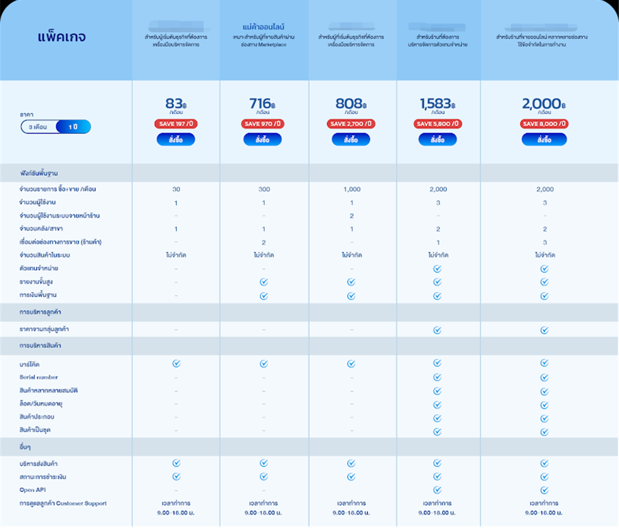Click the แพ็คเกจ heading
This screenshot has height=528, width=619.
coord(61,37)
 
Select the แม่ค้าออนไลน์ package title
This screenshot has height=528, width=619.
coord(264,27)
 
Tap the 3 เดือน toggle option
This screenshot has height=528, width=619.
coord(38,127)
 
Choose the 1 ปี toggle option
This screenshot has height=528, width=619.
coord(75,127)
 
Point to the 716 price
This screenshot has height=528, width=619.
coord(262,104)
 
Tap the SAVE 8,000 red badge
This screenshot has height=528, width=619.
coord(544,124)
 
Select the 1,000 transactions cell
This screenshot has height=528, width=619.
coord(352,189)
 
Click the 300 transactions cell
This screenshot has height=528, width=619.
coord(264,189)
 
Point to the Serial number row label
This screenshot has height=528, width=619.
coord(39,378)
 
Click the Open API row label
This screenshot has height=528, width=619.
coord(33,490)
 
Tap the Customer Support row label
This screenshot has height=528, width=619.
coord(63,503)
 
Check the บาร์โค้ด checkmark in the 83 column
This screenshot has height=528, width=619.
coord(176,364)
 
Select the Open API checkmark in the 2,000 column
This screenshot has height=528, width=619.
coord(544,490)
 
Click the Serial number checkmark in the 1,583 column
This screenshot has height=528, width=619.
coord(437,377)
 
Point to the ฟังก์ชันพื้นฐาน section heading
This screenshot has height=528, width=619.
coord(43,173)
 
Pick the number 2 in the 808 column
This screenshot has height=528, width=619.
coord(352,216)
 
